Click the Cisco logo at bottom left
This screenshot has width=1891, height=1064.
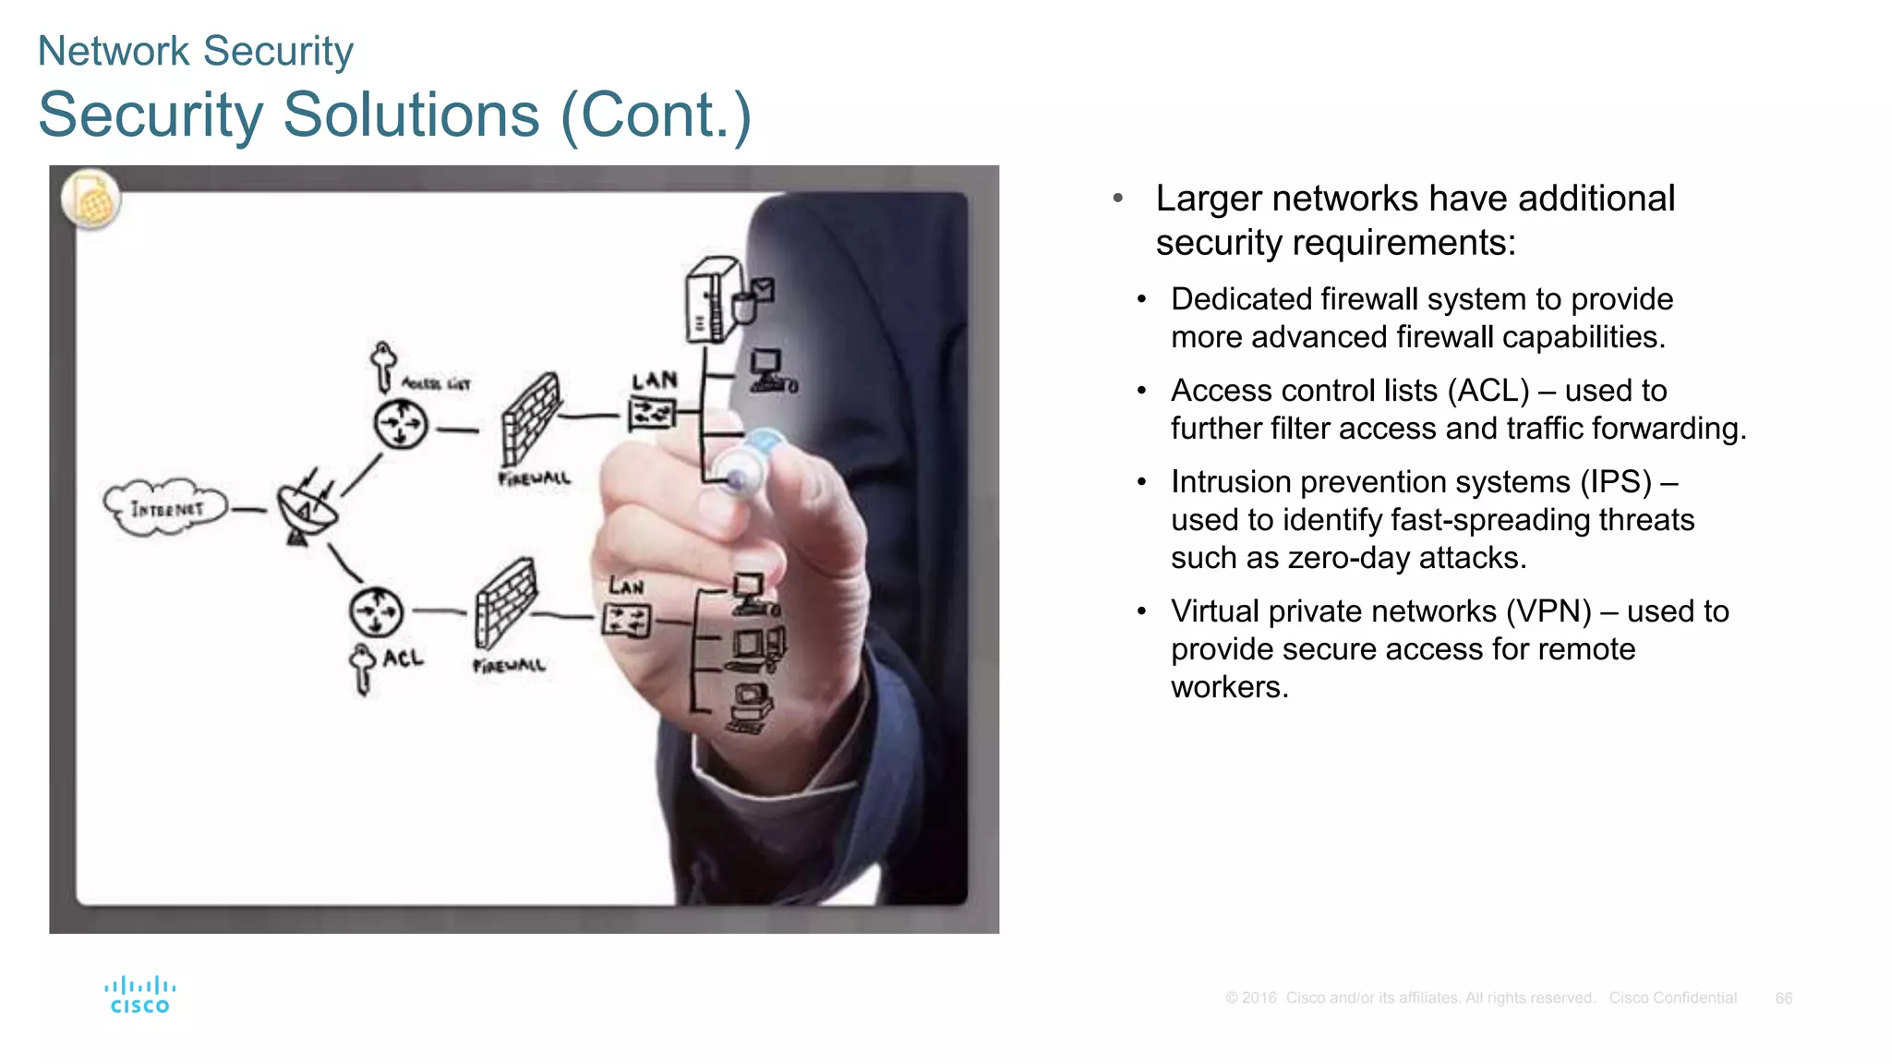139,996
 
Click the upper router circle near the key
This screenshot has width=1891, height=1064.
401,425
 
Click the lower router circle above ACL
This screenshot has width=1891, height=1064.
376,611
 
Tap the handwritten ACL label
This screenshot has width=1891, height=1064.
403,658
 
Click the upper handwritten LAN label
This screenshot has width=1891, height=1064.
655,381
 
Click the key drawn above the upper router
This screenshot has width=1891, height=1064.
383,365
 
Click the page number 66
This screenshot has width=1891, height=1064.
1783,997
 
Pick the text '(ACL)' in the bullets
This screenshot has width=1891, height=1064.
1488,390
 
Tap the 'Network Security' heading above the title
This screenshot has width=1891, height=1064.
195,51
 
